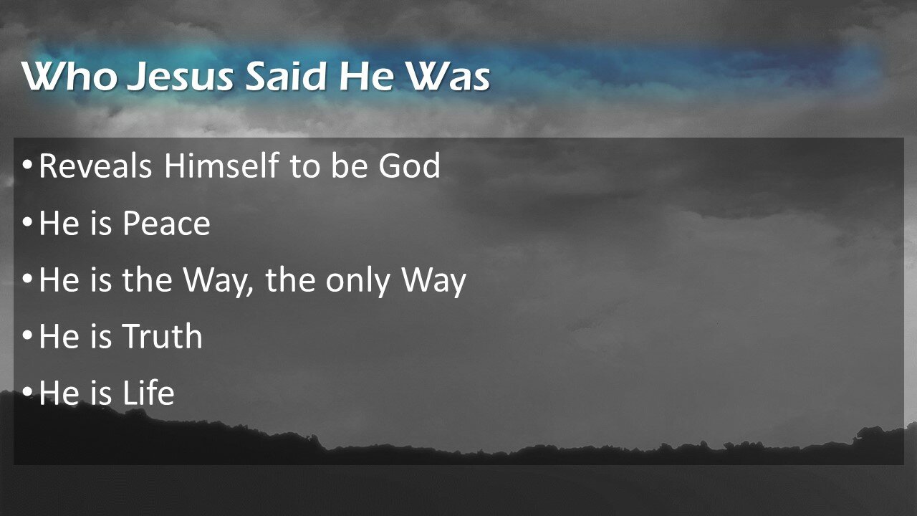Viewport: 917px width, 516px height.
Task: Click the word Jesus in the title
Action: pos(180,76)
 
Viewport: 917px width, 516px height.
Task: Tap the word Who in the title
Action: pos(69,76)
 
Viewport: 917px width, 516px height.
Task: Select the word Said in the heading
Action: pos(285,76)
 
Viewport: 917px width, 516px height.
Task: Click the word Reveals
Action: pos(95,165)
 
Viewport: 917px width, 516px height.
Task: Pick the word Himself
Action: pos(221,165)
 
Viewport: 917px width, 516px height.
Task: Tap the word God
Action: pos(409,165)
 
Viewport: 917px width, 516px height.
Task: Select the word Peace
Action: pos(166,223)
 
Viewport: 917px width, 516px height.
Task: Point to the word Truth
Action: pos(163,336)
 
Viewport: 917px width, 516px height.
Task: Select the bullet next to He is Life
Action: pos(27,392)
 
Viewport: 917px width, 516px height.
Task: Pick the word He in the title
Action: pos(366,76)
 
